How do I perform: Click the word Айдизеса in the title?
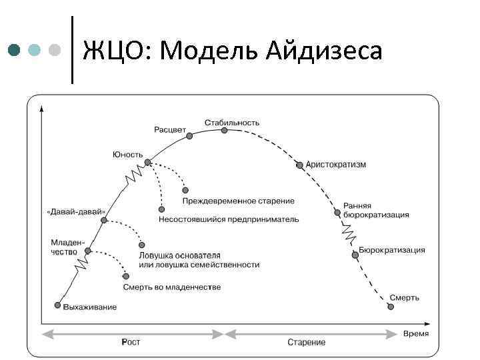(326, 50)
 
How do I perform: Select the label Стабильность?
(232, 123)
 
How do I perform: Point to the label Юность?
(127, 154)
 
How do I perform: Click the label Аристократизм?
(336, 164)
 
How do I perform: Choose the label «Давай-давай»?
(76, 211)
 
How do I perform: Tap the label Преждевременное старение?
(238, 201)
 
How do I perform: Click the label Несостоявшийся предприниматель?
(229, 219)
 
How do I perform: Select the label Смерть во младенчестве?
(172, 287)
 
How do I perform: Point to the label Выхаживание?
(90, 307)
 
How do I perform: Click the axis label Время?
(416, 333)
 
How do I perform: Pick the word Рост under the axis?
(131, 342)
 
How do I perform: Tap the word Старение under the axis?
(307, 342)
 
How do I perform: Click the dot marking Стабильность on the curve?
(225, 131)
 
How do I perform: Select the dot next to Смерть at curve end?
(391, 307)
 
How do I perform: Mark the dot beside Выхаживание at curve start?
(57, 305)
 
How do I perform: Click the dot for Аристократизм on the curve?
(300, 165)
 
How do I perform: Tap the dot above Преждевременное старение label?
(185, 190)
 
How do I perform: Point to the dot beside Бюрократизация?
(353, 253)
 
